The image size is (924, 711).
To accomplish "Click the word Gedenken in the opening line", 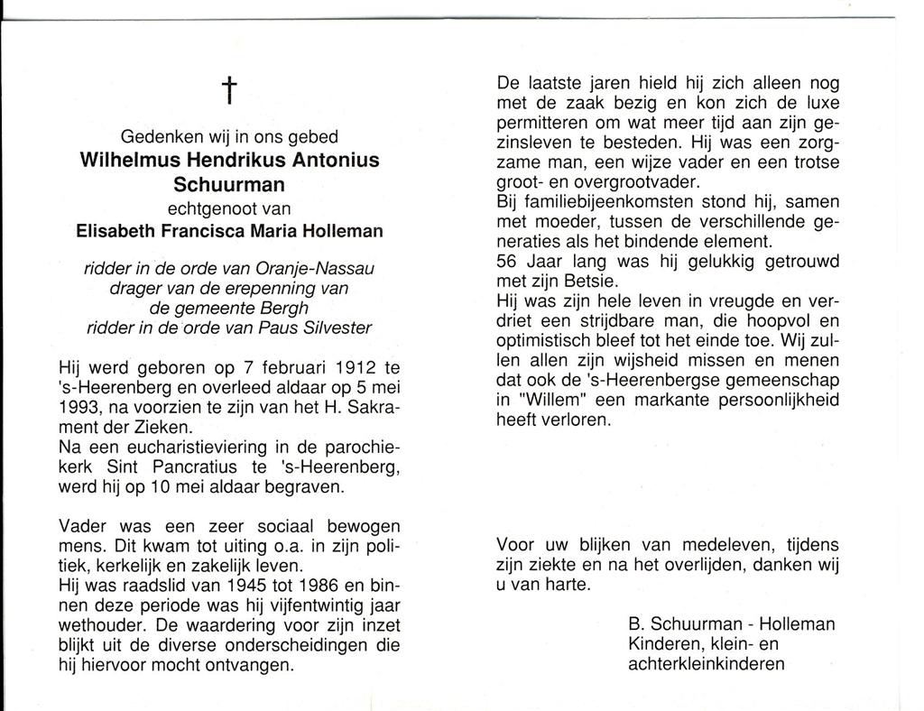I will tap(159, 138).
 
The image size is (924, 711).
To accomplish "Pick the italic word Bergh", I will tap(283, 309).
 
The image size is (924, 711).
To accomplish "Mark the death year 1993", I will tap(79, 408).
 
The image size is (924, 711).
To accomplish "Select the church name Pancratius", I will tap(198, 467).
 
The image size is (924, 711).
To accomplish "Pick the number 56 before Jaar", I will tap(508, 261).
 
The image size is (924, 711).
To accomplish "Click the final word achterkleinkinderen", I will tap(706, 664).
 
